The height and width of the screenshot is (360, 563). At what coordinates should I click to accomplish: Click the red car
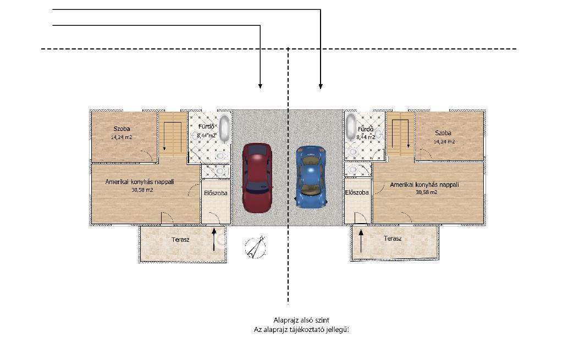click(x=257, y=178)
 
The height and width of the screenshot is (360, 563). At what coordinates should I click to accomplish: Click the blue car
click(x=311, y=176)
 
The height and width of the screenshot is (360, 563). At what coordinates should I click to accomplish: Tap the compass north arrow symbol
click(x=256, y=247)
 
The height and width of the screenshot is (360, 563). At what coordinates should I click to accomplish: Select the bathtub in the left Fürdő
click(x=225, y=128)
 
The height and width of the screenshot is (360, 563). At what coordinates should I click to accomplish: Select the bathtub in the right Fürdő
click(x=351, y=128)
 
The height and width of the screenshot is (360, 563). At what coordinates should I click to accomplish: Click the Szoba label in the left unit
click(x=122, y=129)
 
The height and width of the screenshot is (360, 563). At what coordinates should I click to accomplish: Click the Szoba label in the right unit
click(x=443, y=133)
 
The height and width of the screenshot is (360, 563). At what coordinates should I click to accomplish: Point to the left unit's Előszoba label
click(x=216, y=193)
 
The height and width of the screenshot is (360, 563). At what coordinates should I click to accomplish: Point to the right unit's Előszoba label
click(x=357, y=193)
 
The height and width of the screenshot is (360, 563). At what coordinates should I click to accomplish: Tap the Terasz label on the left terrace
click(x=180, y=240)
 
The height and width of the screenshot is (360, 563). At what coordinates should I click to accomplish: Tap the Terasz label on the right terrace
click(x=393, y=239)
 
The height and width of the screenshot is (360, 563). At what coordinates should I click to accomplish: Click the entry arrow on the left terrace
click(x=214, y=239)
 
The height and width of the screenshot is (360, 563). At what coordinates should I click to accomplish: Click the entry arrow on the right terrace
click(x=361, y=241)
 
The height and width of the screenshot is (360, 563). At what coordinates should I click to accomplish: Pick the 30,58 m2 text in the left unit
click(x=142, y=190)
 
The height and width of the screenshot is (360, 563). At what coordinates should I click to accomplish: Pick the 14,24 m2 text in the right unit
click(x=444, y=142)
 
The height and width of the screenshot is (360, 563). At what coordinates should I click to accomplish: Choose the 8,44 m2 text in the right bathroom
click(x=366, y=137)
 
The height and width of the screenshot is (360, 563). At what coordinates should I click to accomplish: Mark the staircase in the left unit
click(x=173, y=134)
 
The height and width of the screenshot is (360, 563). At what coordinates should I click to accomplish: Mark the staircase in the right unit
click(x=400, y=134)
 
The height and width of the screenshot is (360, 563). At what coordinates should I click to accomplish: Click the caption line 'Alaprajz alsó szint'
click(x=301, y=320)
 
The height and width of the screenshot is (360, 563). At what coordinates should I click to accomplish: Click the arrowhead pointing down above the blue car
click(x=321, y=86)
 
